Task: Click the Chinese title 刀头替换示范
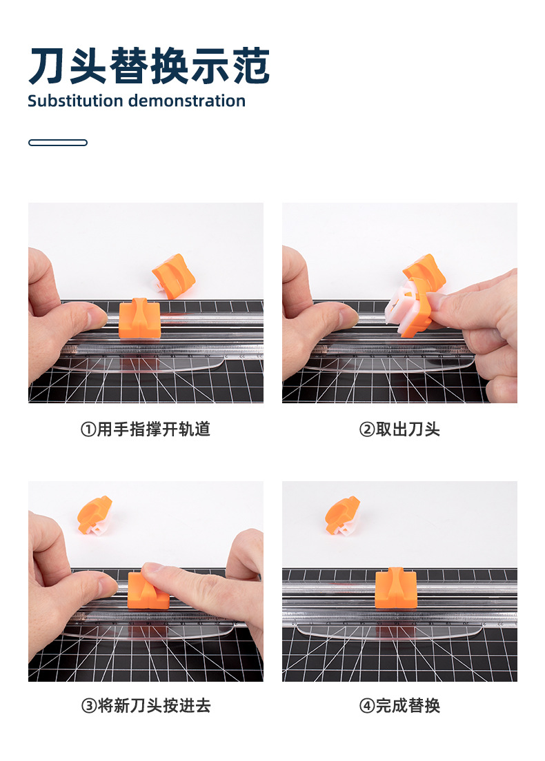click(149, 65)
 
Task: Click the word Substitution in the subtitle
click(75, 101)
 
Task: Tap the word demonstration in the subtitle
click(187, 101)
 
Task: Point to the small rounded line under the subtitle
click(58, 143)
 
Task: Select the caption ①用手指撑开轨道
click(146, 429)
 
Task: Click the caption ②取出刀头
click(399, 429)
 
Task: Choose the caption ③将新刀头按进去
click(146, 705)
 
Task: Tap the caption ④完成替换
click(399, 705)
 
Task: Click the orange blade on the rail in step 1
click(139, 319)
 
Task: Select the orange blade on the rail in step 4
click(396, 588)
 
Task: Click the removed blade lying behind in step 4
click(342, 516)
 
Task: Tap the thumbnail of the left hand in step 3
click(108, 583)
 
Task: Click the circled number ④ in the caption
click(366, 706)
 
